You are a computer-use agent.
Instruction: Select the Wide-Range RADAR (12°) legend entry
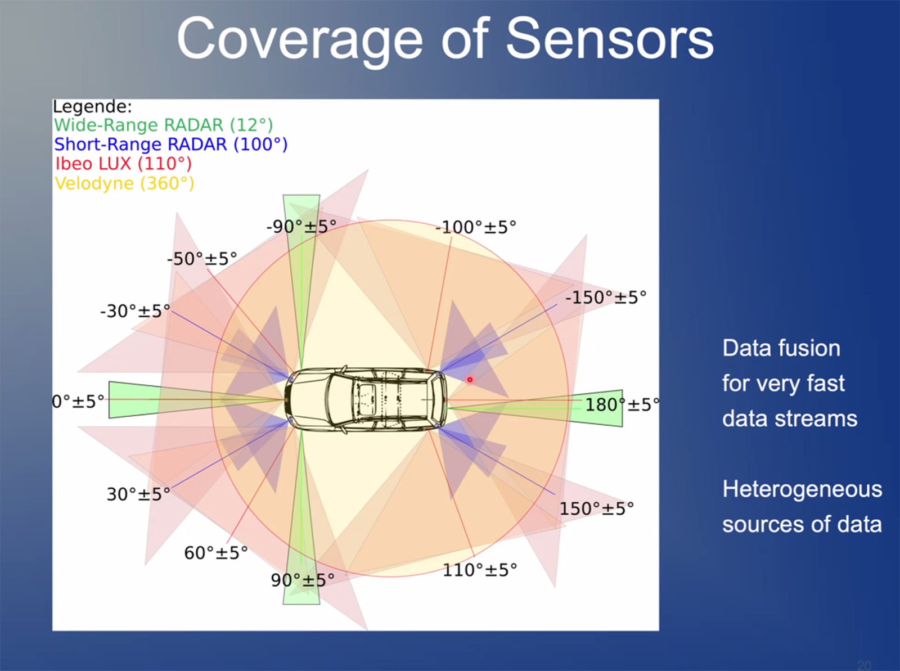pyautogui.click(x=163, y=125)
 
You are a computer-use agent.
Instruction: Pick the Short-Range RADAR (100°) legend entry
pyautogui.click(x=170, y=145)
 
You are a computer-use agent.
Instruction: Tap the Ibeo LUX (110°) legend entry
pyautogui.click(x=123, y=164)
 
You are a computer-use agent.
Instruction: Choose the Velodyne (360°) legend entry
pyautogui.click(x=124, y=183)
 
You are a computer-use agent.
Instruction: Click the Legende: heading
pyautogui.click(x=92, y=106)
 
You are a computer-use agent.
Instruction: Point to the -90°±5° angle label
pyautogui.click(x=301, y=227)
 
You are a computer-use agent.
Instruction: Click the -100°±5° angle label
pyautogui.click(x=475, y=227)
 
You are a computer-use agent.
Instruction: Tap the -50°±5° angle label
pyautogui.click(x=202, y=259)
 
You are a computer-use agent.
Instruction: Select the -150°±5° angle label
pyautogui.click(x=606, y=298)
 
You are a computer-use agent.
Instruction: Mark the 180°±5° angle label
pyautogui.click(x=622, y=404)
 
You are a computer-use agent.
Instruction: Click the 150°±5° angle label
pyautogui.click(x=596, y=508)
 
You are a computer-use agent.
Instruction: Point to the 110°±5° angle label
pyautogui.click(x=480, y=570)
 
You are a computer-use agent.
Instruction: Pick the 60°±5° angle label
pyautogui.click(x=216, y=553)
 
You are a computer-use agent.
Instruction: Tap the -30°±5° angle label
pyautogui.click(x=135, y=311)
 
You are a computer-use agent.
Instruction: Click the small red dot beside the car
pyautogui.click(x=470, y=380)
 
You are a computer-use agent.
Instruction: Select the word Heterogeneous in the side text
pyautogui.click(x=802, y=489)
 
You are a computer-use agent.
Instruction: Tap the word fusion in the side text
pyautogui.click(x=807, y=348)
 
